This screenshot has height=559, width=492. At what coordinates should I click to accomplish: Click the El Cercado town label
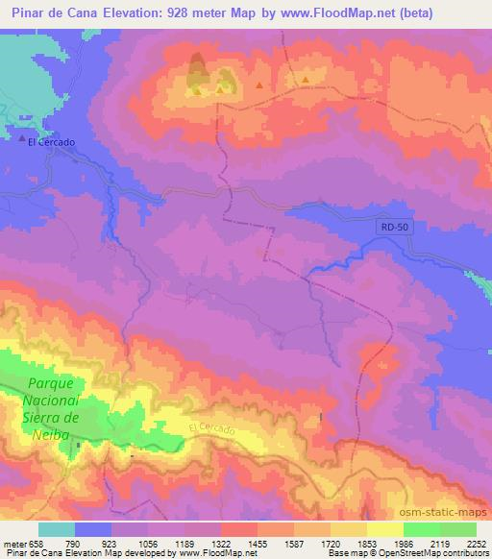click(x=51, y=142)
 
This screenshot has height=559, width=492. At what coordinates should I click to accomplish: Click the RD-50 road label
click(x=386, y=226)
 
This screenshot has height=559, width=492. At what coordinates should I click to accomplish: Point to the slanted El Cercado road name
click(x=211, y=430)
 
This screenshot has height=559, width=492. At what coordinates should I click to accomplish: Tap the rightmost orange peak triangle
click(x=305, y=80)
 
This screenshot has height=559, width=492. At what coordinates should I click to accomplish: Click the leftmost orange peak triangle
click(x=197, y=92)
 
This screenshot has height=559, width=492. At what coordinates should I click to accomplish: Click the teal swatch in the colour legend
click(x=56, y=528)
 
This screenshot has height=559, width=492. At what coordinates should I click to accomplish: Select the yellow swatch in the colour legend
click(x=384, y=528)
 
